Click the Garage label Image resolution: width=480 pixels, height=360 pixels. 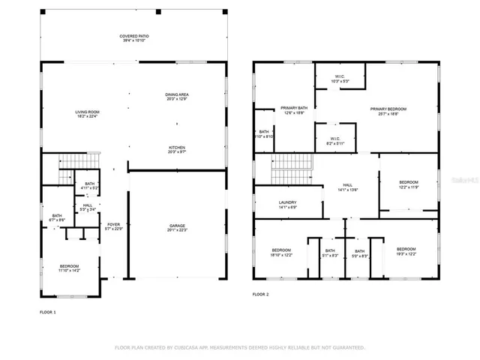point(176,228)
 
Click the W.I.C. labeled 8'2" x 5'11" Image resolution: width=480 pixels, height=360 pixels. point(335,140)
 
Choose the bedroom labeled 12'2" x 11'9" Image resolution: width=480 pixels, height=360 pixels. point(408,184)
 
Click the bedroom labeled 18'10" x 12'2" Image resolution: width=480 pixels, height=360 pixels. point(281,251)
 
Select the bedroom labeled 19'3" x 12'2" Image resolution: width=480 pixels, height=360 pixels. point(406,251)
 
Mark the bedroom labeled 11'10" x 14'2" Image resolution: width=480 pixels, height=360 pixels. point(69,268)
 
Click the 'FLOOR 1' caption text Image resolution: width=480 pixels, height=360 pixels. point(47,311)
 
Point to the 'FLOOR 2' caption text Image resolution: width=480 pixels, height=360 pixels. point(260,295)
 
